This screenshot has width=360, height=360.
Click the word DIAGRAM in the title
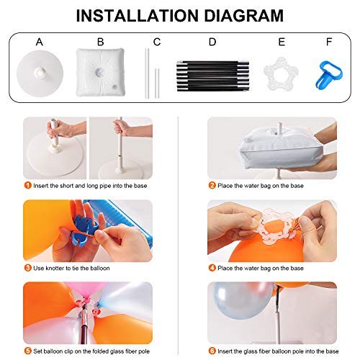[x=238, y=15]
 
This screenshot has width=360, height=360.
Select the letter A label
[x=40, y=42]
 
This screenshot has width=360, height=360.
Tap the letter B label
[x=100, y=42]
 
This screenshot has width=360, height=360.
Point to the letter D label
[x=212, y=42]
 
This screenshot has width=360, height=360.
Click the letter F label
[x=329, y=42]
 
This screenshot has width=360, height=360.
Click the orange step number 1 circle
[x=27, y=185]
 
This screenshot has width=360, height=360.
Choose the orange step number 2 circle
[x=212, y=185]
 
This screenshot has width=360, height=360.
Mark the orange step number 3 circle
[x=27, y=268]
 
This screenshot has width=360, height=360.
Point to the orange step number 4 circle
[x=212, y=268]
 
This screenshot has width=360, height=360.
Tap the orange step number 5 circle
[x=27, y=352]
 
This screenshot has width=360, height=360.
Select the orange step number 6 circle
[x=212, y=352]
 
